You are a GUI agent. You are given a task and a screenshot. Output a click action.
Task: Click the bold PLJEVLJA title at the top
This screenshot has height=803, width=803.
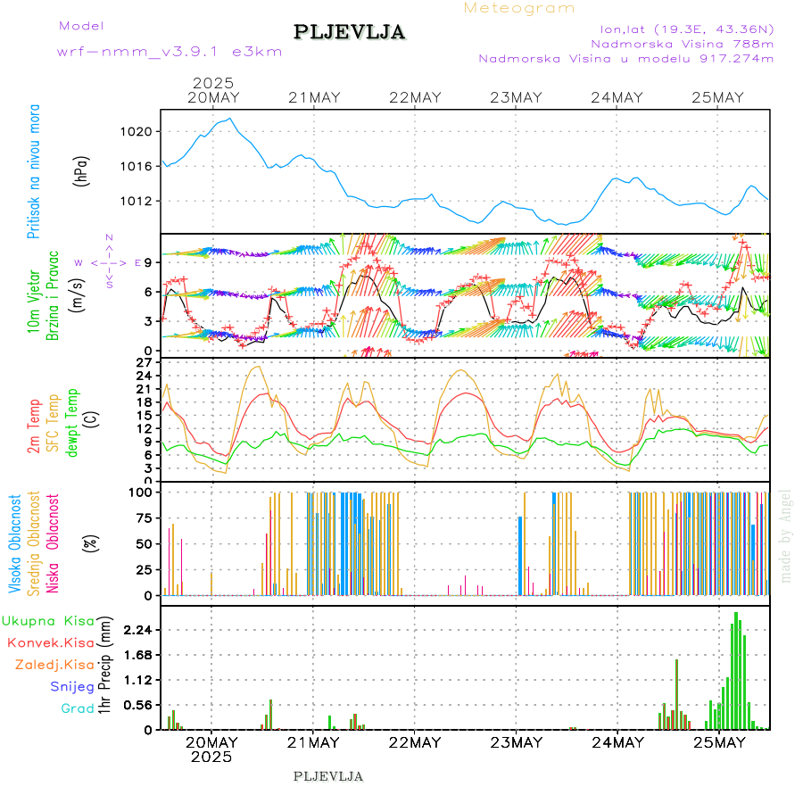tap(350, 33)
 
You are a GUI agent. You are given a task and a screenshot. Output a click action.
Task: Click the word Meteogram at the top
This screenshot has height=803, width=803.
tap(519, 8)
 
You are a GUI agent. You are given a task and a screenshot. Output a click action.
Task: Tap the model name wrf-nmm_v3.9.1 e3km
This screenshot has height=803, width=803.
tap(170, 52)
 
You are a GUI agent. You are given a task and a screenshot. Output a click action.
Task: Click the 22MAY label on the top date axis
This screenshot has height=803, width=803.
tap(415, 98)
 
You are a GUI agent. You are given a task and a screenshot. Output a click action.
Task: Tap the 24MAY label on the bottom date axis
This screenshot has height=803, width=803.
tap(617, 743)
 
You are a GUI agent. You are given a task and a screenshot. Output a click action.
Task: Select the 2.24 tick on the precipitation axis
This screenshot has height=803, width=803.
tap(139, 630)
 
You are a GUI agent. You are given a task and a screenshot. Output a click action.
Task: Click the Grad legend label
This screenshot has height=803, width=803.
tap(77, 709)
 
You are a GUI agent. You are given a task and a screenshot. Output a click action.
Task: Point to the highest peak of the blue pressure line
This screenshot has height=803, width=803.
tap(230, 119)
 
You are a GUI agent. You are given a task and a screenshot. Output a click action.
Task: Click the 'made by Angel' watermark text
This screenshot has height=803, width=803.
tap(786, 535)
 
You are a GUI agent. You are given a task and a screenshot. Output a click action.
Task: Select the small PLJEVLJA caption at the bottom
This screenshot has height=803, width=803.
tap(327, 776)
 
